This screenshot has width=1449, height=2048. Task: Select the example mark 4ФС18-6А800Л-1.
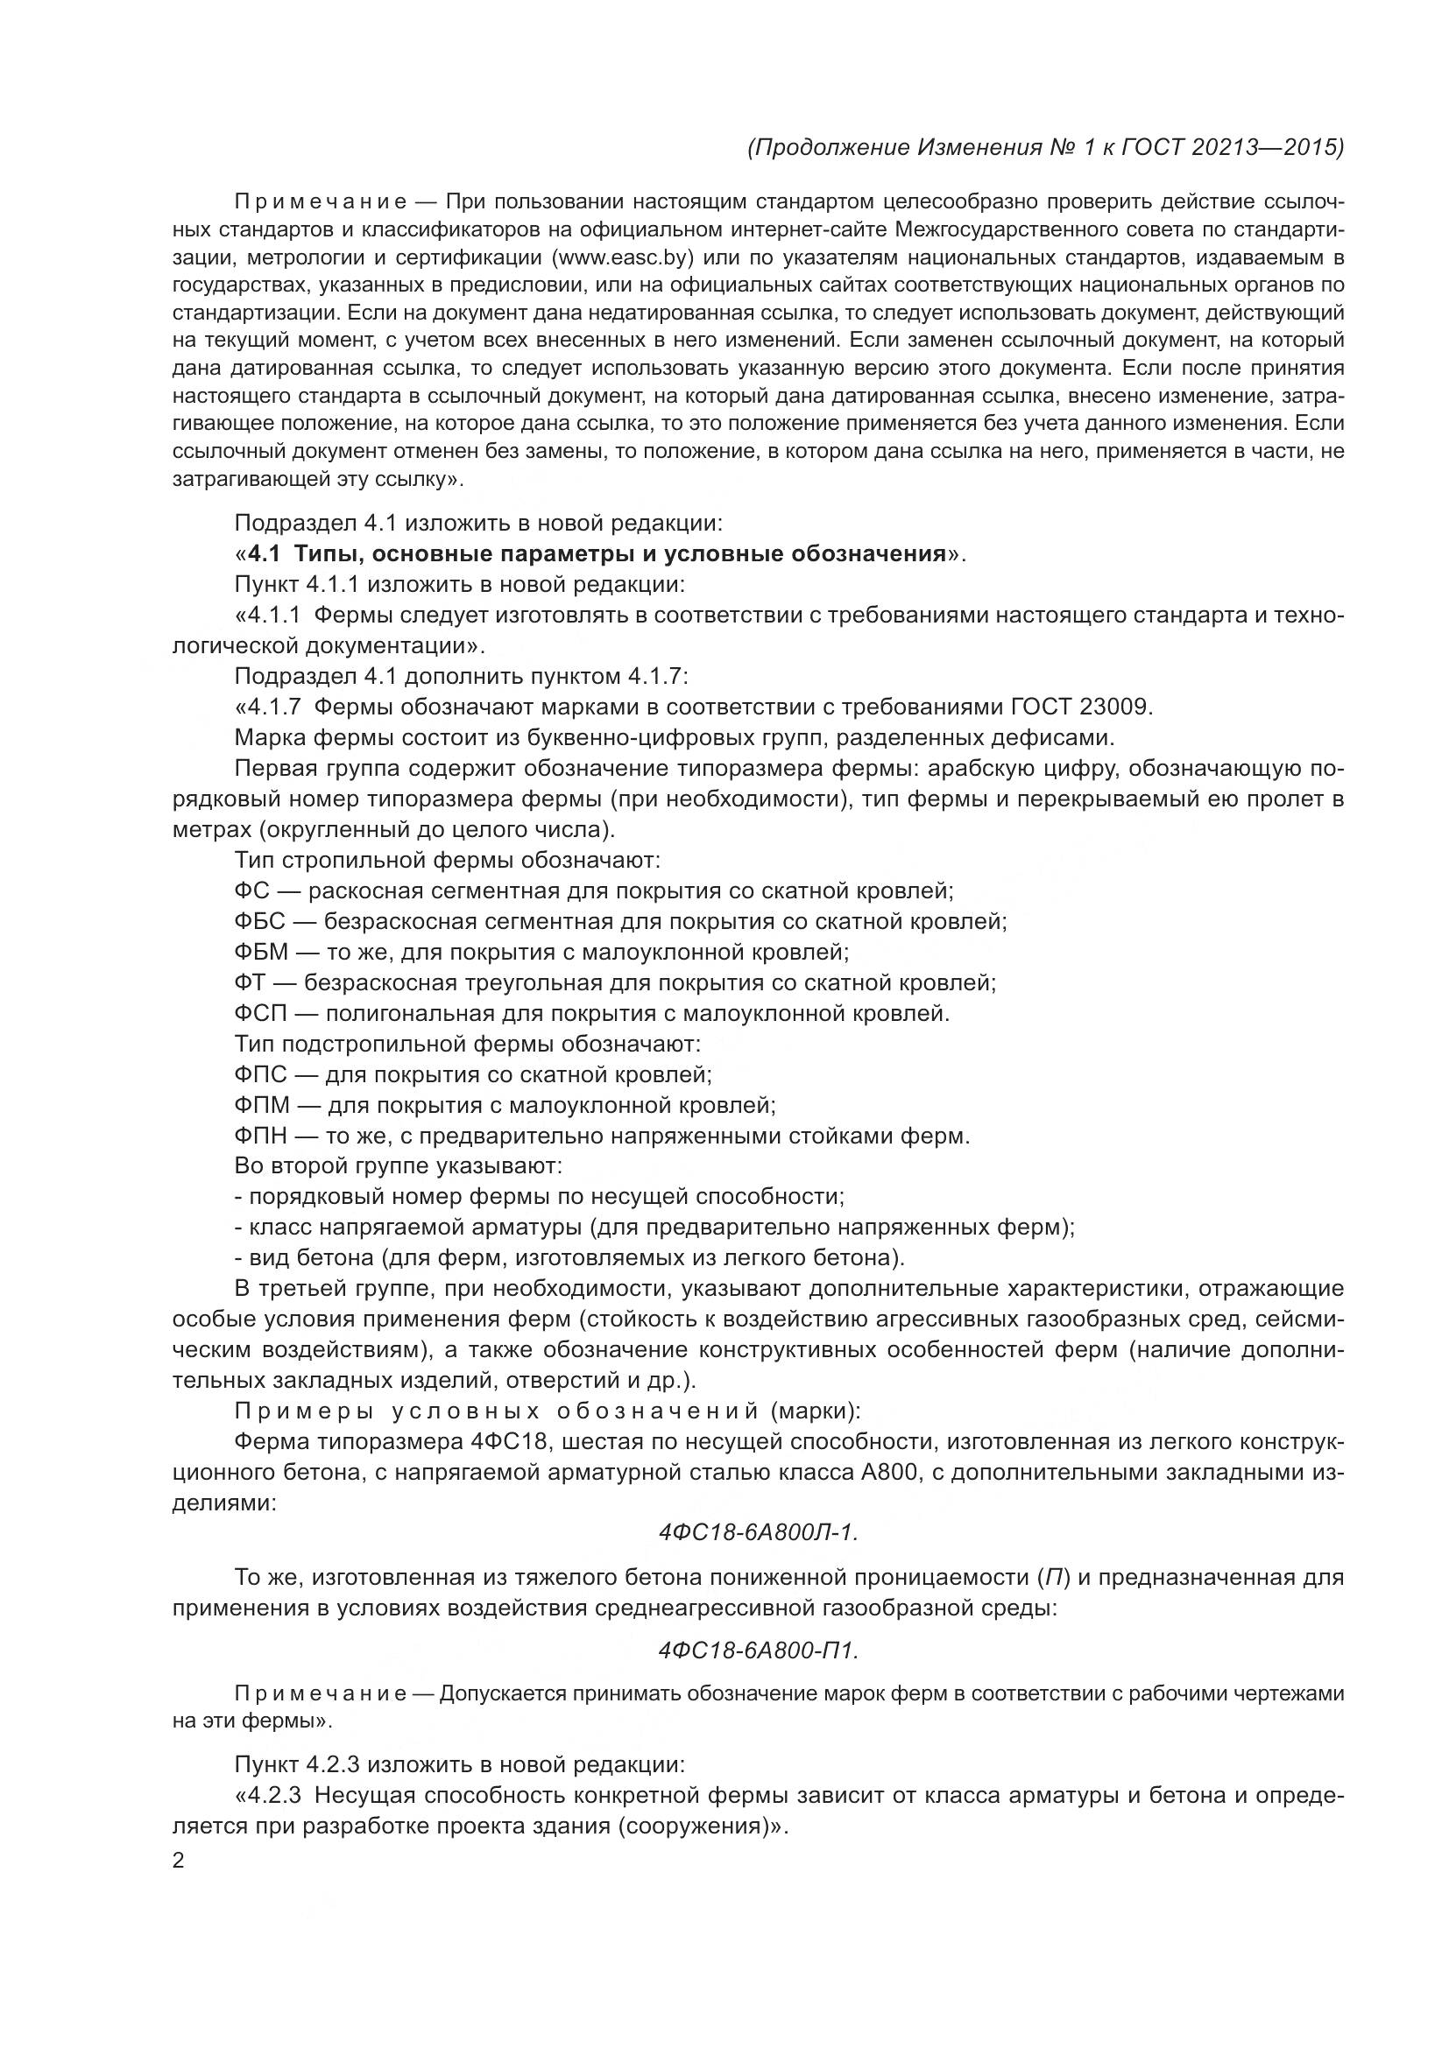tap(759, 1533)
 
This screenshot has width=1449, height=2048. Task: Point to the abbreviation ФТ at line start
tap(250, 983)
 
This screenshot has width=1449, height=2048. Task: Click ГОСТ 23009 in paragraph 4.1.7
tap(1081, 707)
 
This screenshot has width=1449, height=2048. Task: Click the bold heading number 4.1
tap(264, 554)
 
